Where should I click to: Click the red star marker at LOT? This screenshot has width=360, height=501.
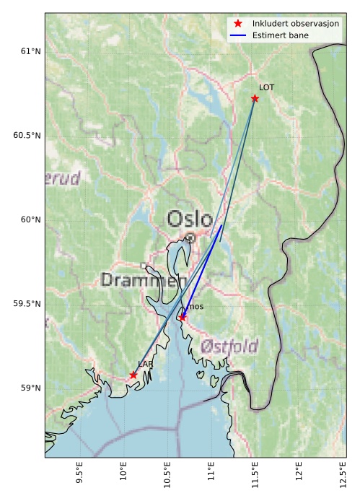pyautogui.click(x=255, y=98)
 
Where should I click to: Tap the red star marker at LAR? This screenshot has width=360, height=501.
pyautogui.click(x=133, y=375)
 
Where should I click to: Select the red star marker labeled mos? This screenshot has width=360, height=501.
pyautogui.click(x=182, y=317)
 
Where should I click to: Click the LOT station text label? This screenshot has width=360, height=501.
pyautogui.click(x=267, y=87)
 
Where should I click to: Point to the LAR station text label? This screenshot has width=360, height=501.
pyautogui.click(x=145, y=365)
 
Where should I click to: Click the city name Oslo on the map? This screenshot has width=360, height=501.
pyautogui.click(x=190, y=219)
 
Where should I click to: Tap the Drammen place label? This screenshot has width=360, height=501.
pyautogui.click(x=144, y=280)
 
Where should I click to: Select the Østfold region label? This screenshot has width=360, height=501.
pyautogui.click(x=229, y=346)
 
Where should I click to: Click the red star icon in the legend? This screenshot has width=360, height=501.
pyautogui.click(x=238, y=24)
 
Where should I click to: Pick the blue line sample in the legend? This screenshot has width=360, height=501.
pyautogui.click(x=238, y=35)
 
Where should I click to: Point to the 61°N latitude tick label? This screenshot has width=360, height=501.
pyautogui.click(x=30, y=51)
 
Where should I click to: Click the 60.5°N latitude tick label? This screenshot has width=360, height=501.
pyautogui.click(x=27, y=136)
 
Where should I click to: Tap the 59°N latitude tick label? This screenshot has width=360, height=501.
pyautogui.click(x=30, y=388)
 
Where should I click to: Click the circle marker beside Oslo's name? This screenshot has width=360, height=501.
pyautogui.click(x=190, y=238)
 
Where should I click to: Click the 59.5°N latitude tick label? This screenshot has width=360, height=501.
pyautogui.click(x=27, y=304)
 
